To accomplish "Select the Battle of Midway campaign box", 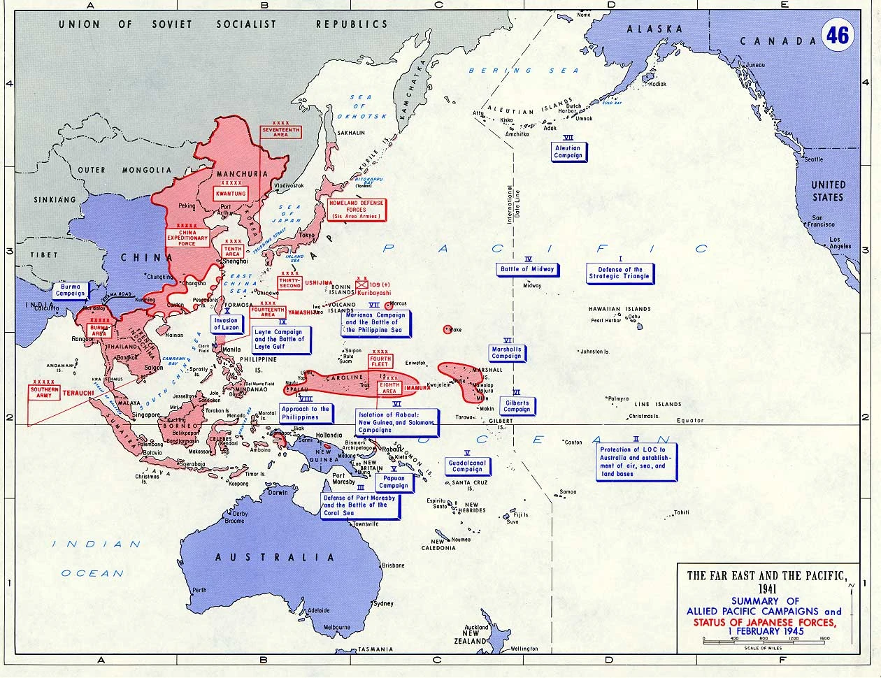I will (x=527, y=269).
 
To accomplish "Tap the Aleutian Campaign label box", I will (x=568, y=152).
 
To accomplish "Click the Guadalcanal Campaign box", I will (x=467, y=466).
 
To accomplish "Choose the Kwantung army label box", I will (x=231, y=193).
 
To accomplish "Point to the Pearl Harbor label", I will (x=606, y=321).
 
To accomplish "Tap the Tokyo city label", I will (x=306, y=235).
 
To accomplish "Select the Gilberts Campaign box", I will (x=517, y=406).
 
